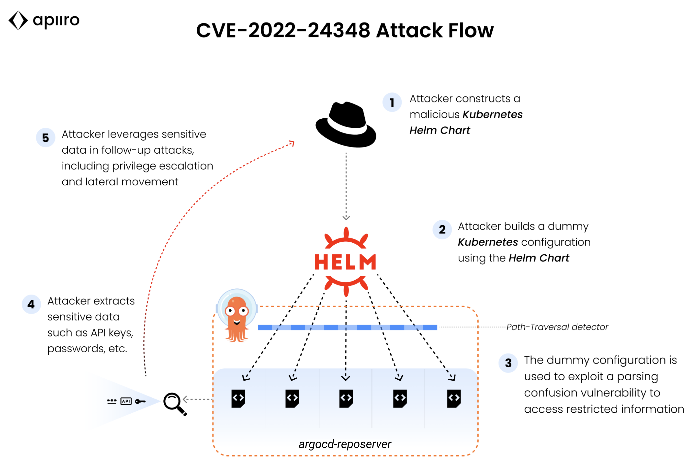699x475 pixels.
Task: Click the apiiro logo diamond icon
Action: click(x=18, y=21)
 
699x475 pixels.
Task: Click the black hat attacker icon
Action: click(x=346, y=125)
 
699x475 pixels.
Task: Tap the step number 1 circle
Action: click(x=392, y=102)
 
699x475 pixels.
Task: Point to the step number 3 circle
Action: click(x=508, y=363)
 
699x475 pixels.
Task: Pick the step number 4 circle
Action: click(x=31, y=305)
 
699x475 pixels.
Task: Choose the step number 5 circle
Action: click(x=45, y=138)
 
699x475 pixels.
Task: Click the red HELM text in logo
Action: click(x=345, y=262)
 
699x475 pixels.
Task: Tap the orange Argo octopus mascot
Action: click(x=237, y=317)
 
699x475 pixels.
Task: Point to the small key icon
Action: click(x=140, y=401)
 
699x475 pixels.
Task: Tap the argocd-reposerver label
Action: click(x=345, y=444)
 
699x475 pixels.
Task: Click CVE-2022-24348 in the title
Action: click(x=283, y=31)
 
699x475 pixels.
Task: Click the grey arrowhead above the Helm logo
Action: click(x=346, y=218)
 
